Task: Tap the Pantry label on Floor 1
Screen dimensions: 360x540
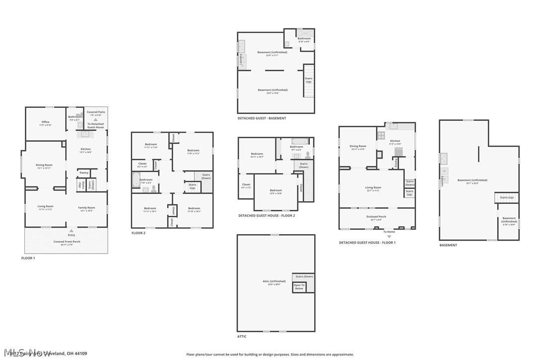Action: pos(84,173)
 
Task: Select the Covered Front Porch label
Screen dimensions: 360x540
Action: pos(67,242)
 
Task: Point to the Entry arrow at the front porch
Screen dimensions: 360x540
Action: pos(72,231)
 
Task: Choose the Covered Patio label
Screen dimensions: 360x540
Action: pos(95,113)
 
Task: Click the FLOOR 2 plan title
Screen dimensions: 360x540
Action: pos(138,233)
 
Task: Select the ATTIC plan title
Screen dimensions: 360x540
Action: pos(242,337)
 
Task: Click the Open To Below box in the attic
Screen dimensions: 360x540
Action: pos(299,287)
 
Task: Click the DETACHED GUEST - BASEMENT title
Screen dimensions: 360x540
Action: pos(262,118)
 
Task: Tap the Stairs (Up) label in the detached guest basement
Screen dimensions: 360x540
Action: pos(308,80)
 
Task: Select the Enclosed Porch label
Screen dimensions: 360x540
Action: pos(376,217)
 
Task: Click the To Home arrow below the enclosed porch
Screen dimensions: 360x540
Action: pos(389,236)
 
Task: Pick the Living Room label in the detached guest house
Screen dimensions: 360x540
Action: pos(373,188)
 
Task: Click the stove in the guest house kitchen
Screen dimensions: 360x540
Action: pos(381,135)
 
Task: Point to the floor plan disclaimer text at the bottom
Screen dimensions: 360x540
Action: pos(270,355)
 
